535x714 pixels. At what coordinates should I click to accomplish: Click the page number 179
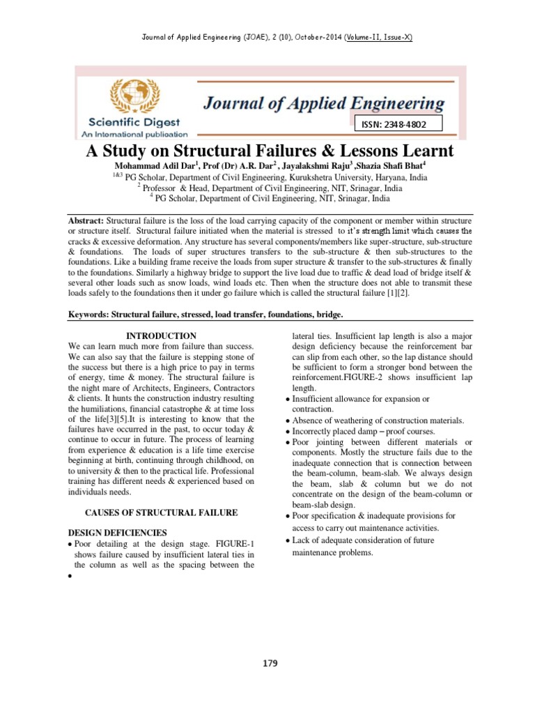[x=270, y=663]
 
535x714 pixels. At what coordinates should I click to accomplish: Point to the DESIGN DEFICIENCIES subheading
[x=116, y=532]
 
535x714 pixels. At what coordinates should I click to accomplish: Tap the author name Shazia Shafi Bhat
[x=386, y=167]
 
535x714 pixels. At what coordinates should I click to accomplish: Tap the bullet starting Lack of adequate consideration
[x=362, y=540]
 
